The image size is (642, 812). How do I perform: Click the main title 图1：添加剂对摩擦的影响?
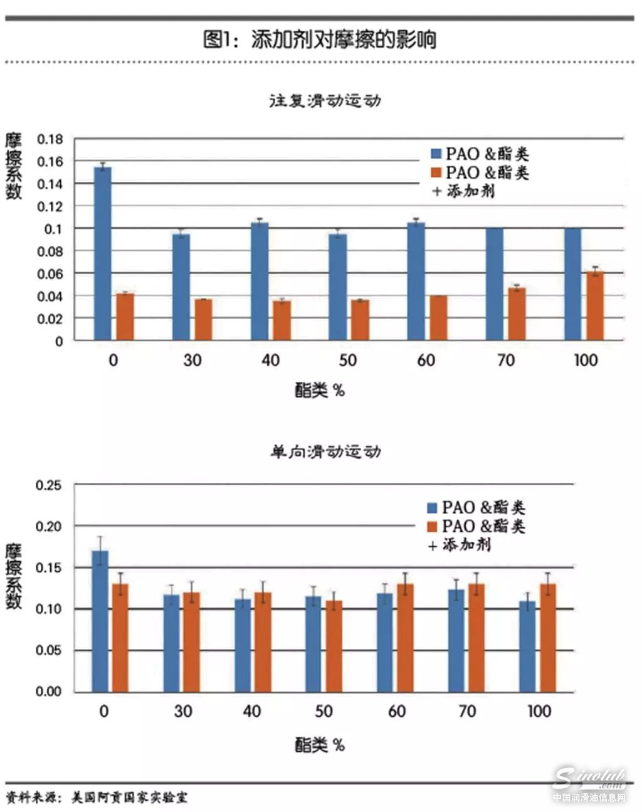pyautogui.click(x=320, y=40)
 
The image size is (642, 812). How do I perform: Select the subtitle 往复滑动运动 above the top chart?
pyautogui.click(x=325, y=100)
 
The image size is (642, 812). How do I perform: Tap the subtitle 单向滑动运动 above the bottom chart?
pyautogui.click(x=325, y=451)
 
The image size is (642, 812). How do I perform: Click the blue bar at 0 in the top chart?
pyautogui.click(x=103, y=253)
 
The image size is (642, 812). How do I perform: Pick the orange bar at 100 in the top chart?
pyautogui.click(x=595, y=305)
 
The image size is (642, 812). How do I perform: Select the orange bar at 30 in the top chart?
pyautogui.click(x=203, y=320)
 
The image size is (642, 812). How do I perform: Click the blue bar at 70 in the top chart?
pyautogui.click(x=495, y=284)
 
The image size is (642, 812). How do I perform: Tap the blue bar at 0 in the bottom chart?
pyautogui.click(x=100, y=621)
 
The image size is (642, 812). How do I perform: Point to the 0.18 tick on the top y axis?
pyautogui.click(x=50, y=139)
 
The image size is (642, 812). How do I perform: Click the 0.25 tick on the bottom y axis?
pyautogui.click(x=49, y=485)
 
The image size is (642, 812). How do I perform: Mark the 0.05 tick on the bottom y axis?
pyautogui.click(x=49, y=650)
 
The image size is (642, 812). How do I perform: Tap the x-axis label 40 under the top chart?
pyautogui.click(x=270, y=360)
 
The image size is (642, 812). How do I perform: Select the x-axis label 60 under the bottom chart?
pyautogui.click(x=396, y=712)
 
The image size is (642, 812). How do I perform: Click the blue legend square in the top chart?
pyautogui.click(x=436, y=154)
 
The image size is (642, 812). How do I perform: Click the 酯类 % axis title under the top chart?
pyautogui.click(x=320, y=391)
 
